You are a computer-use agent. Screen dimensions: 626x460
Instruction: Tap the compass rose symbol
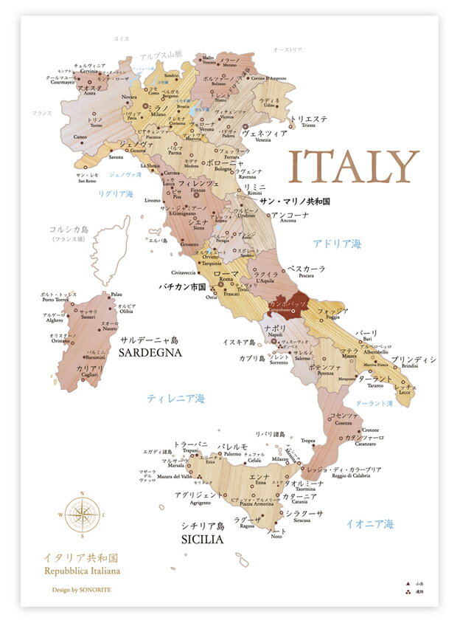click(82, 515)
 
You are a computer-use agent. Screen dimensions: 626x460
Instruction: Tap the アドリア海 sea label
click(337, 244)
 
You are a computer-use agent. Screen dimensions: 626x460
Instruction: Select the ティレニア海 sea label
click(175, 399)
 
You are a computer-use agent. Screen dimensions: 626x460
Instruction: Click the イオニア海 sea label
click(370, 524)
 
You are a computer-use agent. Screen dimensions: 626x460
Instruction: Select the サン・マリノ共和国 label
click(294, 200)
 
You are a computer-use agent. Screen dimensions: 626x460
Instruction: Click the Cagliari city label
click(89, 375)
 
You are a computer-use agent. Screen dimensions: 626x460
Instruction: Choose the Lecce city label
click(405, 393)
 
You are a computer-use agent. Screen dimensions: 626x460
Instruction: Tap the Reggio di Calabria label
click(347, 478)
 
